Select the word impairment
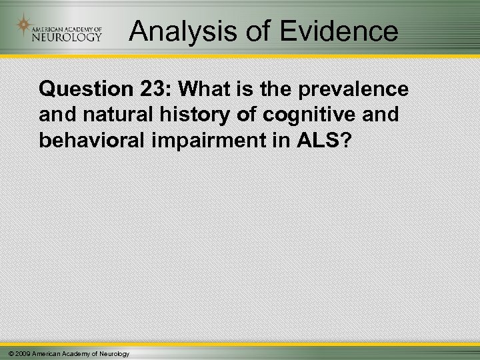(x=201, y=141)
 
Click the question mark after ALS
(x=345, y=141)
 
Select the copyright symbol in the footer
(x=6, y=353)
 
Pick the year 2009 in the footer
(x=19, y=353)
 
